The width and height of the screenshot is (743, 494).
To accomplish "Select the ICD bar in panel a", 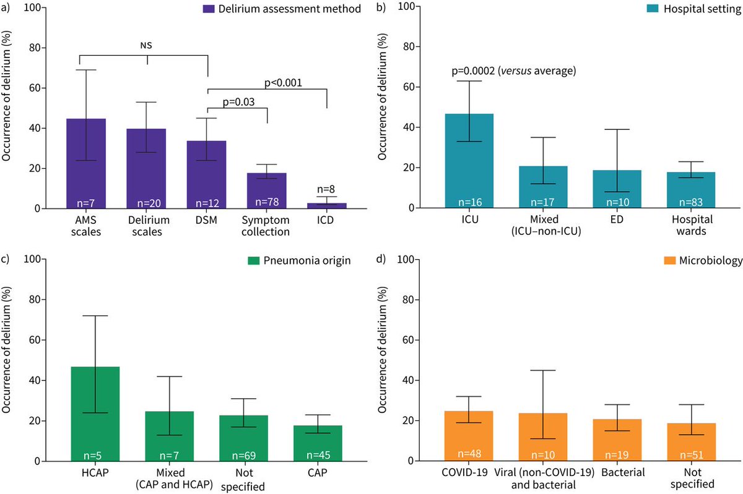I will (x=328, y=205).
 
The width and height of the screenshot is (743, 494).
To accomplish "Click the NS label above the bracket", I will (x=146, y=45).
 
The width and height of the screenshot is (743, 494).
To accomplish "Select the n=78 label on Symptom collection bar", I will (x=267, y=201).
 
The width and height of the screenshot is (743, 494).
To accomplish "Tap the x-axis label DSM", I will (x=207, y=220).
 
